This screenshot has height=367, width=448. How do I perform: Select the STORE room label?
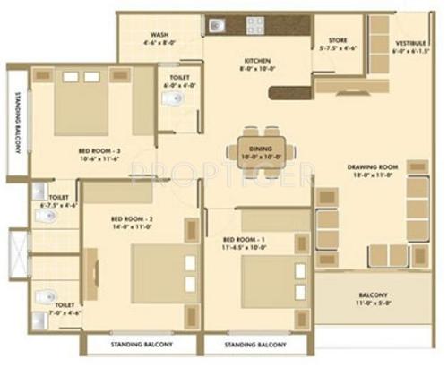(x=337, y=39)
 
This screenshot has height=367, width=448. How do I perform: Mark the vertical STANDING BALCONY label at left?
(x=13, y=125)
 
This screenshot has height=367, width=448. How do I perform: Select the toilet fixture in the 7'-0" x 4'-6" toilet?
(x=41, y=297)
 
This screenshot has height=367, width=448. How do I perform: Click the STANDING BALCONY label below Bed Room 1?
(x=254, y=344)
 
